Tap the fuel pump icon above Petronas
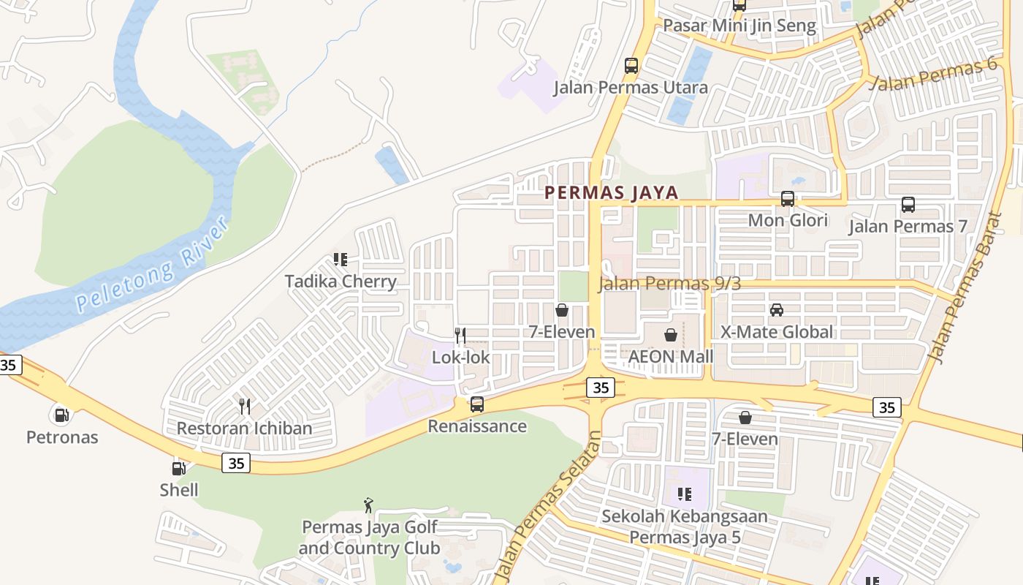(61, 415)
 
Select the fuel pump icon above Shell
(178, 468)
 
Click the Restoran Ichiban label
(244, 428)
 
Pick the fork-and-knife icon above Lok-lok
(460, 336)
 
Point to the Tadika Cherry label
(341, 281)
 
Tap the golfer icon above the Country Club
(369, 505)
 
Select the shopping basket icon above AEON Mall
(670, 335)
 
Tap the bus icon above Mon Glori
(788, 198)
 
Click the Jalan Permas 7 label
(908, 226)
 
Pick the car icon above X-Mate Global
(777, 309)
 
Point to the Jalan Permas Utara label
(631, 88)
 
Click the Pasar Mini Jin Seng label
(739, 26)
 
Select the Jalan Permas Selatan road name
(547, 505)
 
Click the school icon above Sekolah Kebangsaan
(685, 494)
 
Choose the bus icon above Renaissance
(477, 404)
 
